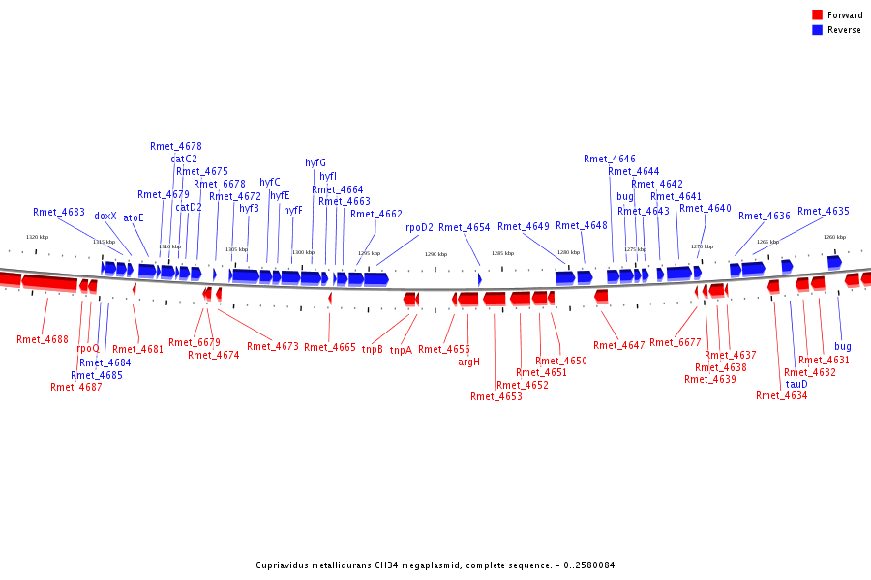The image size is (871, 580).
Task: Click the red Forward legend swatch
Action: (x=818, y=15)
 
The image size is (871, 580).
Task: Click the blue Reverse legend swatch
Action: (x=818, y=30)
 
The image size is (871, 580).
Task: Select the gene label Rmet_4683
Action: (x=59, y=212)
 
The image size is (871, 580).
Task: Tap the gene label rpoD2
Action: (x=420, y=228)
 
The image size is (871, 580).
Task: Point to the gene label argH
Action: (x=468, y=362)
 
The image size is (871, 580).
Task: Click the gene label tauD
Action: (x=796, y=384)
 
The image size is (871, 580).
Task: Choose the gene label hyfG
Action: (x=315, y=162)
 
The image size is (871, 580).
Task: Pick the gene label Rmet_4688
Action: (x=43, y=339)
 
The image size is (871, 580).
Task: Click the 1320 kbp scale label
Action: (x=37, y=237)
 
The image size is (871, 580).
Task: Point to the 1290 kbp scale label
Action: (x=435, y=254)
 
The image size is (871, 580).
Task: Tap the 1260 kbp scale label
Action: (x=834, y=237)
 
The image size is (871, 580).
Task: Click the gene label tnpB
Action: (x=373, y=350)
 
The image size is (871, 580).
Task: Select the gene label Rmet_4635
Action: (x=824, y=211)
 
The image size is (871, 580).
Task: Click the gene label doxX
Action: (x=105, y=217)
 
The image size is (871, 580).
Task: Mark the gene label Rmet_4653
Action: (x=496, y=396)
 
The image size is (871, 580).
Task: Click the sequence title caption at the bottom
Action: (x=435, y=565)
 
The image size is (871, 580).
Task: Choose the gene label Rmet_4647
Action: (x=619, y=345)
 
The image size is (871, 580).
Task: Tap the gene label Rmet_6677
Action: (x=676, y=342)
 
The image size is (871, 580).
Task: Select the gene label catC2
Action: (x=184, y=159)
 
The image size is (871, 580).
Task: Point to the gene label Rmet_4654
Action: (x=465, y=228)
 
